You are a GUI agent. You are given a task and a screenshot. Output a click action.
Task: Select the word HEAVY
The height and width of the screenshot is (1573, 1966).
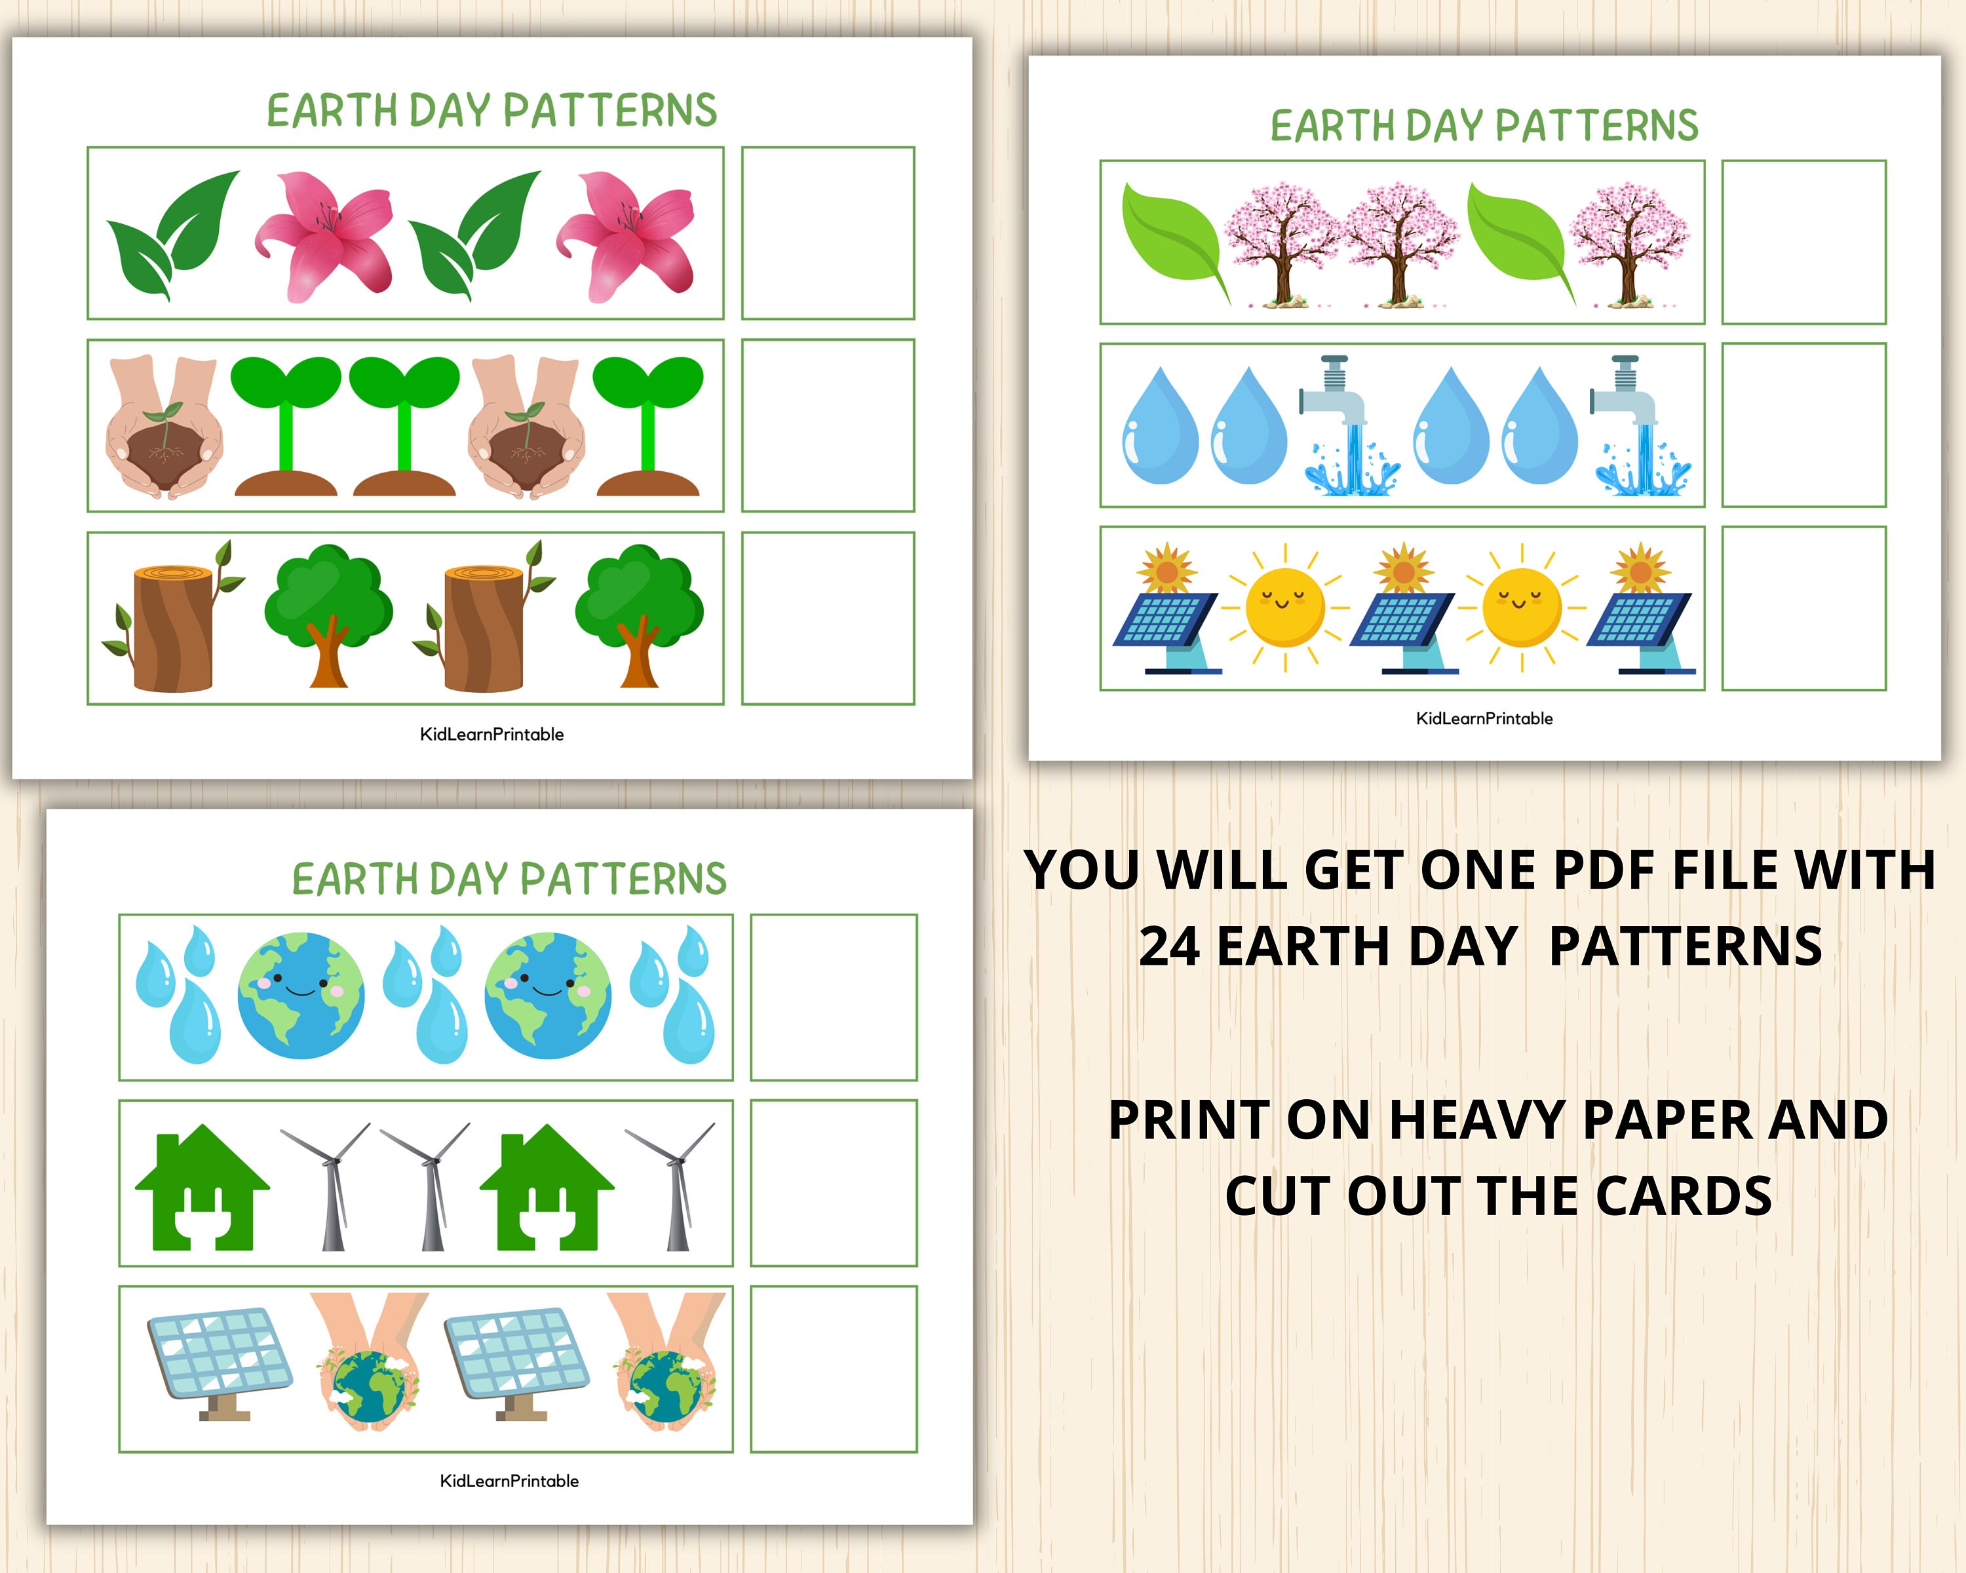(x=1475, y=1120)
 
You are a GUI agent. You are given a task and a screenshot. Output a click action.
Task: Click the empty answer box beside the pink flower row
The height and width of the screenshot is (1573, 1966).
(x=827, y=233)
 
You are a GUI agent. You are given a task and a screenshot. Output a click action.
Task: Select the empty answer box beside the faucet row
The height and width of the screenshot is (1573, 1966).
(x=1803, y=425)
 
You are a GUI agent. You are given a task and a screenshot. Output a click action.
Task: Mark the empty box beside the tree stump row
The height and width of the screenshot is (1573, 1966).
(x=827, y=618)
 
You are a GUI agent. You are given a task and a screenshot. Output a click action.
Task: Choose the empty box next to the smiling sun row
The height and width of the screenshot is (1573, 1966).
(x=1803, y=608)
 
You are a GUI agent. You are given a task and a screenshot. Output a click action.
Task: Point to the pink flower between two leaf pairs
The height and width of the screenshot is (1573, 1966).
(x=324, y=235)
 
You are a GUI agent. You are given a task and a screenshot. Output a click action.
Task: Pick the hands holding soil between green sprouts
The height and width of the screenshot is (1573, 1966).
(x=526, y=426)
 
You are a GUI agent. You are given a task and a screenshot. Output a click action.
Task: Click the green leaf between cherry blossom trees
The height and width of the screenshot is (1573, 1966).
(x=1518, y=241)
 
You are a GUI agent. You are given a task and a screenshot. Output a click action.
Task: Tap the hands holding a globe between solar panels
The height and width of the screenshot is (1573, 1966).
(x=370, y=1365)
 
